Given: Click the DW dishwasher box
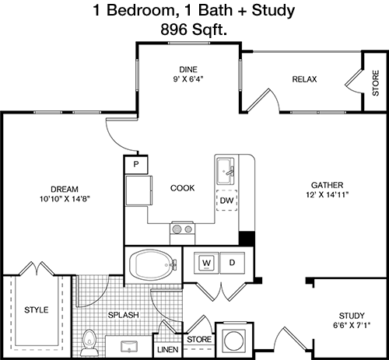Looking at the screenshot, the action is (x=226, y=200).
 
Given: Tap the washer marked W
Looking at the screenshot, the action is (x=207, y=263).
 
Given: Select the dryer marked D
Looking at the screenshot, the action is (x=232, y=263).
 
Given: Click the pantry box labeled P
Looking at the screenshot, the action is (x=136, y=164).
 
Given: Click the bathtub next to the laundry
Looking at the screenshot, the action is (x=153, y=264).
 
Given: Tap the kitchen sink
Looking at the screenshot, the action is (x=226, y=171).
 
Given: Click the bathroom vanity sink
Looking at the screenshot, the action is (x=129, y=347).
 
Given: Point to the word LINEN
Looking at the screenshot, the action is (x=168, y=350).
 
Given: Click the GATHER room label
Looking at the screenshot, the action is (x=327, y=185).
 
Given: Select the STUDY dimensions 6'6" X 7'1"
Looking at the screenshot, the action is (x=352, y=325).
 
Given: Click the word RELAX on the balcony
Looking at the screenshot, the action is (x=304, y=79).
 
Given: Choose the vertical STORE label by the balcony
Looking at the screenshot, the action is (x=376, y=83).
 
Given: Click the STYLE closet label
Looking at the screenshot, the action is (x=37, y=309).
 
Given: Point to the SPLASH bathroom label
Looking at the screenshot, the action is (x=124, y=315).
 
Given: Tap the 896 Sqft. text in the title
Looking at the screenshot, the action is (x=194, y=30).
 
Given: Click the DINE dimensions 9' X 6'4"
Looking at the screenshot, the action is (x=188, y=79).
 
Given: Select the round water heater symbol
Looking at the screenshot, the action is (x=235, y=341).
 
